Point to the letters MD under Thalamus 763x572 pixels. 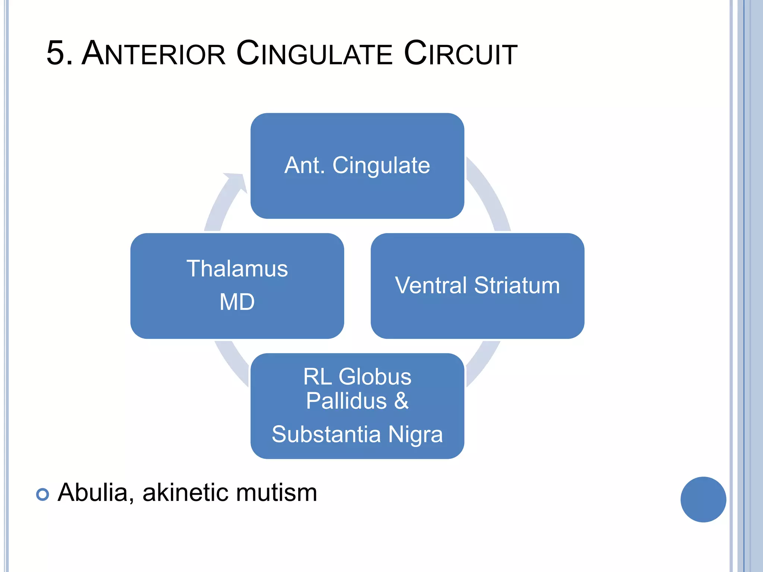pos(237,302)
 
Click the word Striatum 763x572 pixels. pos(517,286)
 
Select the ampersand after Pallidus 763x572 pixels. pos(401,401)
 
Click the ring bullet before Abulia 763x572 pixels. pos(42,494)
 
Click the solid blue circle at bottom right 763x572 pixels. pos(703,499)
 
